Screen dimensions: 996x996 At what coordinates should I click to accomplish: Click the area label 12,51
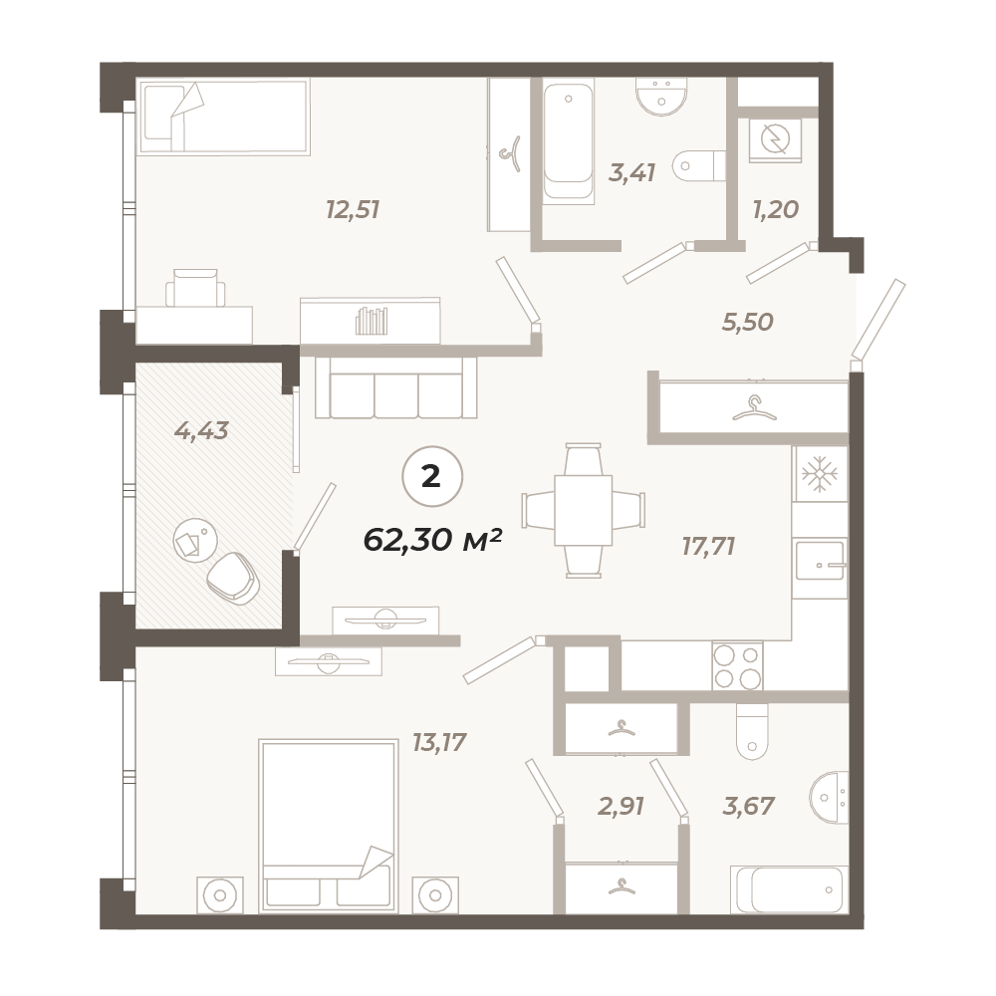coord(353,209)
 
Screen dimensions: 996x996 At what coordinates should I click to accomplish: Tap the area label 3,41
coord(631,172)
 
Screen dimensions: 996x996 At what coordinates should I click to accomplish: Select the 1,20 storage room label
coord(775,209)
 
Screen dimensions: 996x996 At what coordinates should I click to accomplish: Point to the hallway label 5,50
coord(748,322)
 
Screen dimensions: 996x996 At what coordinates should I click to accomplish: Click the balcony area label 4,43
coord(201,431)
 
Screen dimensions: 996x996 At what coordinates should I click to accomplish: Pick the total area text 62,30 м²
coord(432,540)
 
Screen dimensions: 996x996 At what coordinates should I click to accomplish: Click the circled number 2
coord(432,476)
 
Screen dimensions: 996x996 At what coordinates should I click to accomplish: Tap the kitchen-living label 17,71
coord(708,546)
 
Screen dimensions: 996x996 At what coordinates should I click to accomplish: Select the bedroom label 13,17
coord(439,741)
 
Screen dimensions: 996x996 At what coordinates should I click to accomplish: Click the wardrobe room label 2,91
coord(622,806)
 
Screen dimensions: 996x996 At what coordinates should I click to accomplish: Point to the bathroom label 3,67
coord(748,806)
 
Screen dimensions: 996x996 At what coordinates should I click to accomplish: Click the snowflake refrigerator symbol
coord(820,473)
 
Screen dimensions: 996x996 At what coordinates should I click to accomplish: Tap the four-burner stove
coord(737,665)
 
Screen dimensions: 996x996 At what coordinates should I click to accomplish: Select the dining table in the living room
coord(583,510)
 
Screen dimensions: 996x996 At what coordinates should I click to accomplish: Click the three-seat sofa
coord(396,386)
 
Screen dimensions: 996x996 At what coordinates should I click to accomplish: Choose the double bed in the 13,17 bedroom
coord(328,826)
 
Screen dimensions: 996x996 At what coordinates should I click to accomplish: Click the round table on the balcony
coord(195,540)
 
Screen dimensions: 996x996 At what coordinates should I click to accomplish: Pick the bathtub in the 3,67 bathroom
coord(790,889)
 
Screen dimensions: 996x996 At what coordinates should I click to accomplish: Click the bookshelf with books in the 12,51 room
coord(371,321)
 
